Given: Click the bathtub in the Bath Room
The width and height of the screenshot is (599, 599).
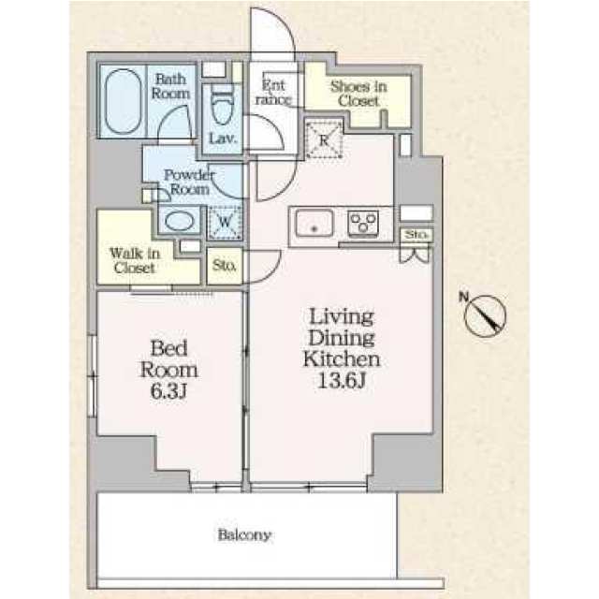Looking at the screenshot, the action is point(123,102).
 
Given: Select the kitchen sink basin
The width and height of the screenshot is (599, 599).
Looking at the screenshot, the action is point(314,223).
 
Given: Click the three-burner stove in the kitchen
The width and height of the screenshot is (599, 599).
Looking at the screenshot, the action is point(363,222).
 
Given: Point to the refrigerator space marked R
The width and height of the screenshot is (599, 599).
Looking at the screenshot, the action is point(324,139).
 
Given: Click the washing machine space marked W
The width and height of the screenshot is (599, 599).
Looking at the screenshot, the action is point(225,223).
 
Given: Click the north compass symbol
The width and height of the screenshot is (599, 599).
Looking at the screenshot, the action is point(485,315).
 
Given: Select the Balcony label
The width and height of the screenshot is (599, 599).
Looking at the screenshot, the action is point(244,534).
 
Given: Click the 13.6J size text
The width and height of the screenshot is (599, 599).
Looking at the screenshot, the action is point(342,381).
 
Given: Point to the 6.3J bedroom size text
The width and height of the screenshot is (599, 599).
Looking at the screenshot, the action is point(168,391).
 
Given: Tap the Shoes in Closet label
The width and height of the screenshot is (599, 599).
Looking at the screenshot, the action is point(358,94).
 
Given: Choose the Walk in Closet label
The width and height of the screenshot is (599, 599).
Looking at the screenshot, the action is point(135,260).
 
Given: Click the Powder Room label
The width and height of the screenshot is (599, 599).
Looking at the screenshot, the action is point(189,183).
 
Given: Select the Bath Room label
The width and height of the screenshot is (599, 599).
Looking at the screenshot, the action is point(170,87).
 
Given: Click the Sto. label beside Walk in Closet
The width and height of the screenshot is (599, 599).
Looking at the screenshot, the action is point(225,265).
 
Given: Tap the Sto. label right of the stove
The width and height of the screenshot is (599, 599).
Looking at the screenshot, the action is point(416,234).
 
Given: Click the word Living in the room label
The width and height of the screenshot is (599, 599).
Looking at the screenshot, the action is point(341,316).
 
